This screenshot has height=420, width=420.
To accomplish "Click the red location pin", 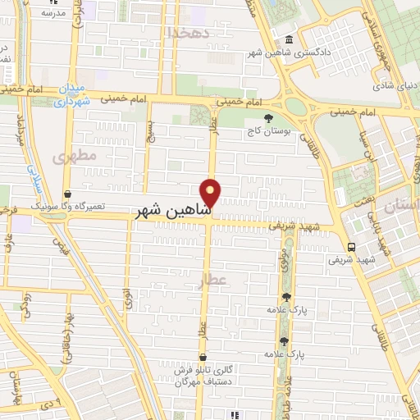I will (212, 192).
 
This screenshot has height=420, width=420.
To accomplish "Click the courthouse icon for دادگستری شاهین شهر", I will (289, 40).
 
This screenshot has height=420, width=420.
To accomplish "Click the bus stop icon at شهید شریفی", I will (351, 247).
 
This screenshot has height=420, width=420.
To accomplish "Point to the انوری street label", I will (130, 296).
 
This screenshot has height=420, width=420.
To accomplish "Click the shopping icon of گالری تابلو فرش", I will (202, 357).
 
